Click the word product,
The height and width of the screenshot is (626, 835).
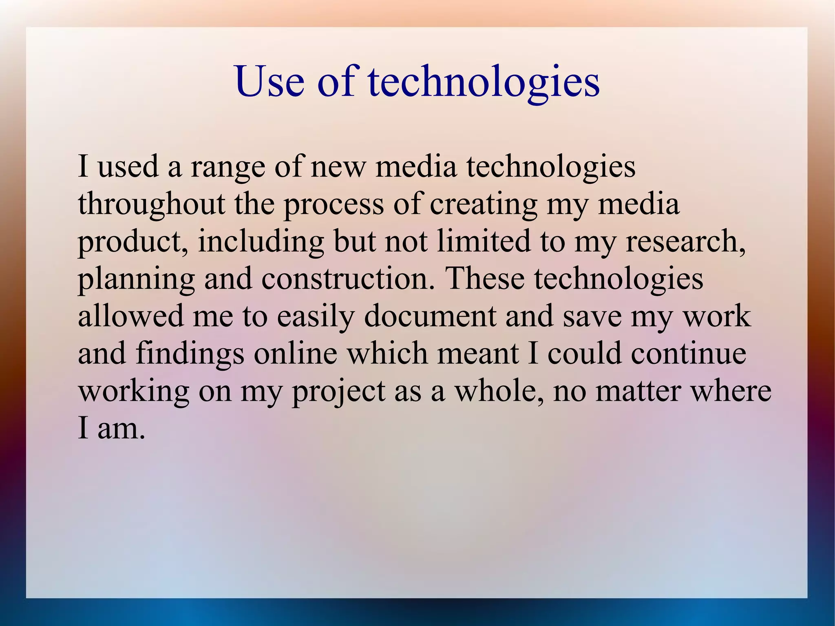pyautogui.click(x=133, y=241)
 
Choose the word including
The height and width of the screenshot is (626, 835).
pyautogui.click(x=261, y=241)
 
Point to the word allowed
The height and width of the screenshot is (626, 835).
pyautogui.click(x=130, y=316)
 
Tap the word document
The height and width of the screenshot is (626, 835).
pyautogui.click(x=430, y=316)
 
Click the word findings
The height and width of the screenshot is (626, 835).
pyautogui.click(x=190, y=354)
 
